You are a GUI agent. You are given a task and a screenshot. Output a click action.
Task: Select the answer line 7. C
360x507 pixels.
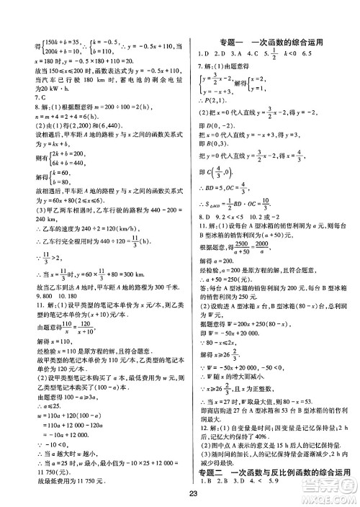(31, 95)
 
